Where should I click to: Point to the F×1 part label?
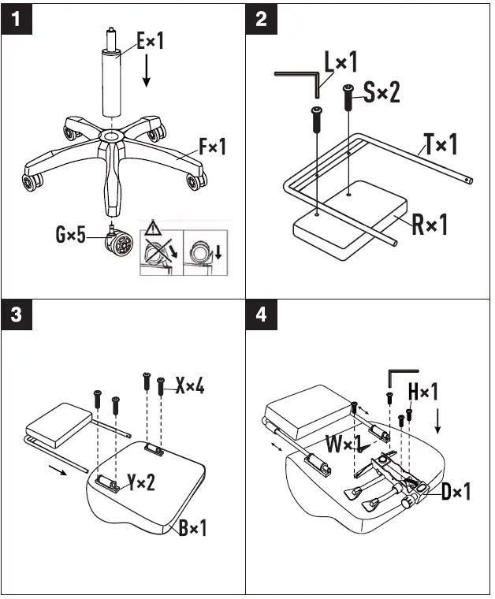[212, 147]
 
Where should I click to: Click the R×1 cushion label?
[430, 225]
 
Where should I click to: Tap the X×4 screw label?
[189, 386]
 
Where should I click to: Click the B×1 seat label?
[192, 527]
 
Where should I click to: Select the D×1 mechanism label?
[456, 493]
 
